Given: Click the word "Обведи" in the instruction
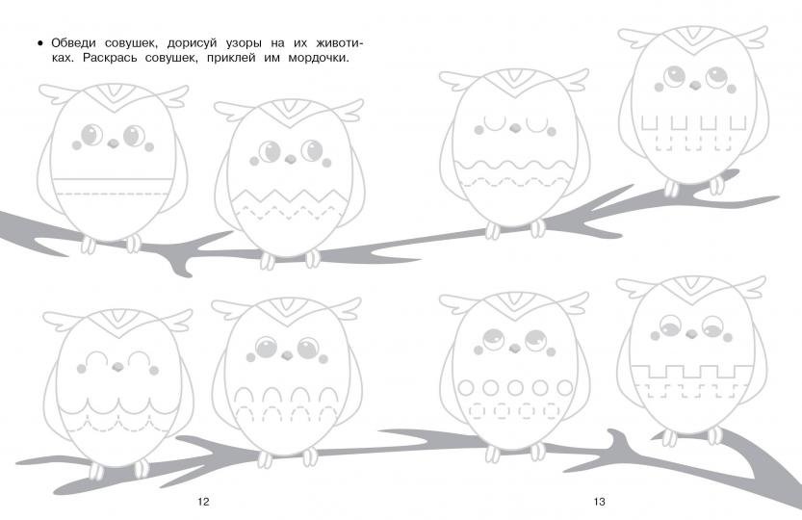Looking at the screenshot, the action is coord(73,43).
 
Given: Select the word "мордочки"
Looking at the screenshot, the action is coord(318,59).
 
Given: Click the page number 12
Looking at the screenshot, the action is coord(203,502).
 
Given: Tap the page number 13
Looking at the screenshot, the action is coord(599,502).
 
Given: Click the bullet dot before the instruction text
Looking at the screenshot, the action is coord(40,43).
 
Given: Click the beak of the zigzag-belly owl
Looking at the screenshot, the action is coord(290,159).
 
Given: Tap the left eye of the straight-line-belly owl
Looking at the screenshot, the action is coord(91,135).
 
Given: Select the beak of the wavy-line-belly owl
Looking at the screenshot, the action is coord(516,128).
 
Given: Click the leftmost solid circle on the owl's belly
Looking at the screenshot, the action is coord(465,387).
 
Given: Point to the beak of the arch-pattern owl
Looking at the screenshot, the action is coord(287,355).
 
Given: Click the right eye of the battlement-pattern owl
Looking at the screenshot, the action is coord(712,325).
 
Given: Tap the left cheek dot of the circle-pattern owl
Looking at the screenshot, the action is coord(479,351).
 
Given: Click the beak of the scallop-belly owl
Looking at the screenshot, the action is coord(118,367).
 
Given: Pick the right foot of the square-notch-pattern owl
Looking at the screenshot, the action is coord(716,186).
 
